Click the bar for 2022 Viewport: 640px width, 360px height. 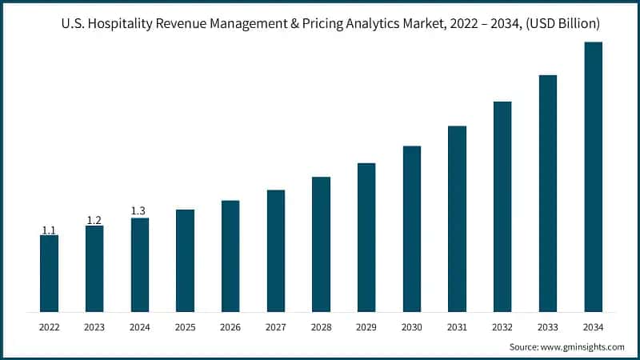coord(49,273)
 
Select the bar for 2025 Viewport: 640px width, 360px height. coord(185,260)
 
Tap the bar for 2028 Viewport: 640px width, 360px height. coord(321,244)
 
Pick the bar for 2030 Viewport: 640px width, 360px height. coord(411,229)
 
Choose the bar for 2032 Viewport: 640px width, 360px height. coord(502,206)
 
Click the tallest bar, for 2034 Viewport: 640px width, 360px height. coord(593,177)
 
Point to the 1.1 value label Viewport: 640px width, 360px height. coord(49,230)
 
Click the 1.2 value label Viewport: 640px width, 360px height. coord(94,220)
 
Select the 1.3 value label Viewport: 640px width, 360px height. coord(139,211)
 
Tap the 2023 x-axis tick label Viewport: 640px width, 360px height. coord(94,327)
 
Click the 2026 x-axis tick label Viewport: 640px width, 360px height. coord(230,327)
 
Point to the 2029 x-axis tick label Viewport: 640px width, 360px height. coord(366,327)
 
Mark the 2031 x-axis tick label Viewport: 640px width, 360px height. coord(457,327)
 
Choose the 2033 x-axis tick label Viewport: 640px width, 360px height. coord(547,327)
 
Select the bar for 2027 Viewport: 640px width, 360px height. coord(276,250)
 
